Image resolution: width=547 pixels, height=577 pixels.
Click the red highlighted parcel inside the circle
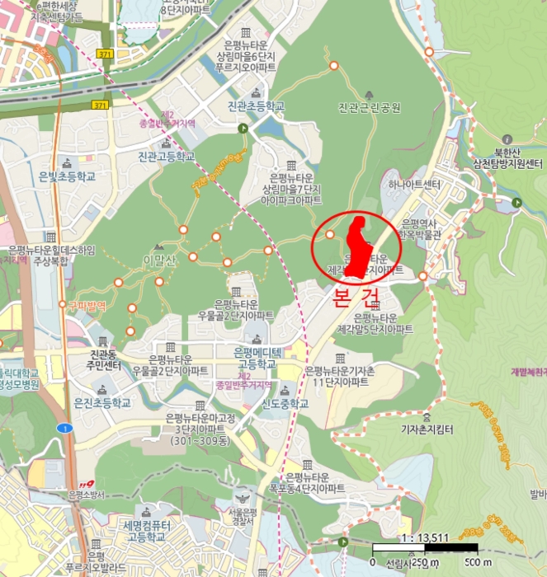(358, 245)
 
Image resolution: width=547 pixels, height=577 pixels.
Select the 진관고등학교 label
(166, 156)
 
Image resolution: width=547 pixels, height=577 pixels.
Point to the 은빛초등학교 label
(67, 176)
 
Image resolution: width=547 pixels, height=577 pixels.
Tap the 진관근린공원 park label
(369, 108)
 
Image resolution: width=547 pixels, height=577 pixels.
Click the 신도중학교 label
(285, 404)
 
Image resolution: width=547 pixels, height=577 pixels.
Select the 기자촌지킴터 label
(427, 429)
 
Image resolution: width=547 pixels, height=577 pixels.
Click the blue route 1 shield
(63, 429)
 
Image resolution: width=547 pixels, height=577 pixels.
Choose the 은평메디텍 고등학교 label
(256, 359)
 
